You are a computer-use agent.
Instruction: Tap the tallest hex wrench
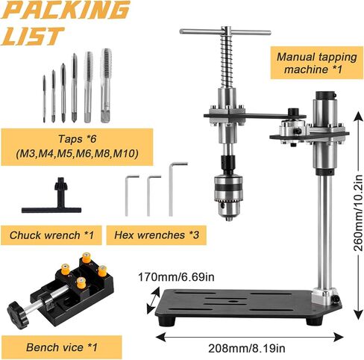171,189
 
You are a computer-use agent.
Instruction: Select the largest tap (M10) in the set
106,85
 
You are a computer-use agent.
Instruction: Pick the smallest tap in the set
44,99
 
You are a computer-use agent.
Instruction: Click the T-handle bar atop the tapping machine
225,32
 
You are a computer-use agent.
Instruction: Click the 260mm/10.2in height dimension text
358,213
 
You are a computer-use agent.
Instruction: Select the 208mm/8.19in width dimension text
247,348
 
